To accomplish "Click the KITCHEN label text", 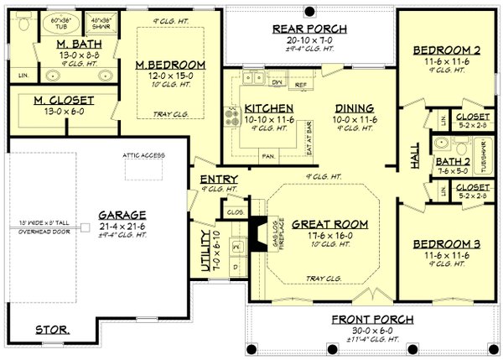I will pos(268,108).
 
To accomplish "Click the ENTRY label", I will pos(219,180).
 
